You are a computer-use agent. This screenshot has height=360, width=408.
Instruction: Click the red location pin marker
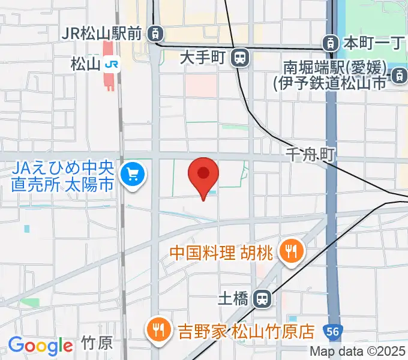point(203,175)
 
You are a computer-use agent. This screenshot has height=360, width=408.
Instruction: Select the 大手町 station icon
point(240,58)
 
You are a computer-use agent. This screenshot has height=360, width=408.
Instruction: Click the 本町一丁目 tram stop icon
point(329,43)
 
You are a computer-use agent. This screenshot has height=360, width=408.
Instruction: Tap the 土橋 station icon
point(262,298)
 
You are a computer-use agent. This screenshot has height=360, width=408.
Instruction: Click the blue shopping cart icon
point(131,176)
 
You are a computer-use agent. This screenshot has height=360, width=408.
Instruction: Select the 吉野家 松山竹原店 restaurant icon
point(159,330)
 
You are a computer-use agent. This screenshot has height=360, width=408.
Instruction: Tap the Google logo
point(40,345)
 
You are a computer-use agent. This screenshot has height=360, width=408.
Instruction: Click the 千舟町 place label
point(310,155)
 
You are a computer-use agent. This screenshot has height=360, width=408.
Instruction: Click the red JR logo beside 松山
point(110,64)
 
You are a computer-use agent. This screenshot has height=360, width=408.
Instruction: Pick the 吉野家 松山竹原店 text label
point(246,331)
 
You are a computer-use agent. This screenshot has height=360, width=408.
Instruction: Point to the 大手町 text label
point(202,58)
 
